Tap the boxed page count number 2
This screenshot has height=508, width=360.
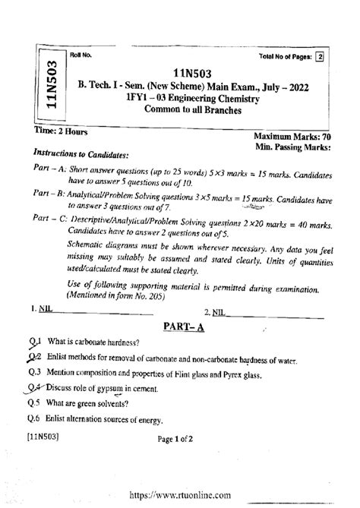point(320,56)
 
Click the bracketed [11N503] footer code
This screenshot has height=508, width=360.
point(47,437)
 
